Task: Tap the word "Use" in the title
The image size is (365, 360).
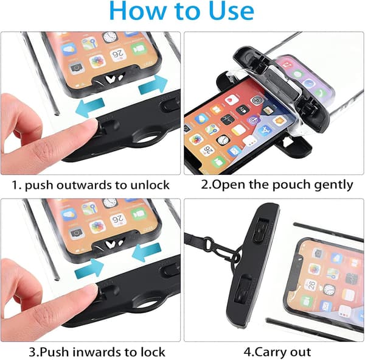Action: click(231, 10)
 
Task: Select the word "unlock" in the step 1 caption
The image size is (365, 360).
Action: click(150, 185)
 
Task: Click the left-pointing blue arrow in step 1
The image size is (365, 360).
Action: click(89, 107)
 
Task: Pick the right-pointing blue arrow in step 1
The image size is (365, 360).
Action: click(153, 85)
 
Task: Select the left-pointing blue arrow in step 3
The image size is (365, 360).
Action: click(147, 253)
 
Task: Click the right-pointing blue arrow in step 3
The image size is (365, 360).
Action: click(89, 269)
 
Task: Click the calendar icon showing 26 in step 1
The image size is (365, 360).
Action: click(118, 55)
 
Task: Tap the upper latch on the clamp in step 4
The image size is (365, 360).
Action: click(261, 231)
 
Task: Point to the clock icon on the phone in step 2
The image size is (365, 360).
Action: click(223, 140)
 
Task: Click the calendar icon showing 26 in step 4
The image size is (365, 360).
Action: click(311, 284)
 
